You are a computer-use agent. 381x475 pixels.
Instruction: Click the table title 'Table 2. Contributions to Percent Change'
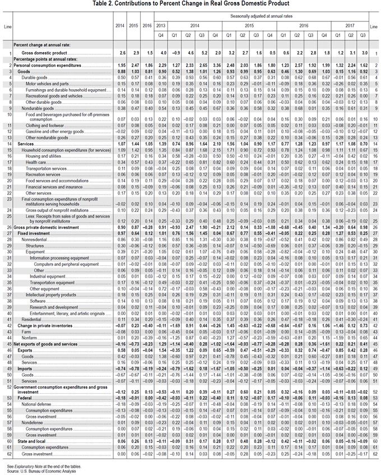coord(190,4)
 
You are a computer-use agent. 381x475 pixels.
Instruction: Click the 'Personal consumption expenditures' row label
coord(50,66)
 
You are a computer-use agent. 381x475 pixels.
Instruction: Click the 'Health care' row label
coord(39,162)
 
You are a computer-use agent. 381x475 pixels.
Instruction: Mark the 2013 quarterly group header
coord(161,26)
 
